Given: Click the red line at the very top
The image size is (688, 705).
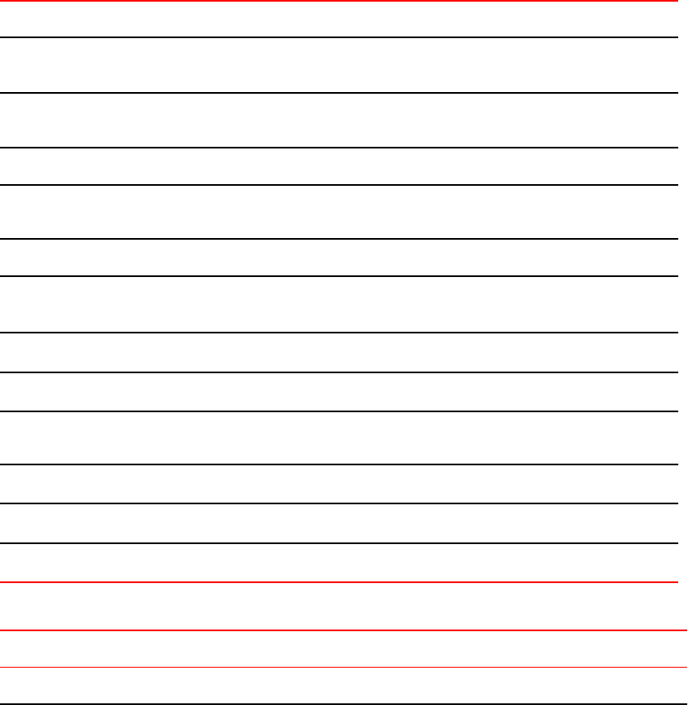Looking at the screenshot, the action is tap(344, 1).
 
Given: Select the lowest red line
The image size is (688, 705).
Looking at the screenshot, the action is tap(344, 668).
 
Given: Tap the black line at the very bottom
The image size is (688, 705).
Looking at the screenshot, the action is tap(344, 704).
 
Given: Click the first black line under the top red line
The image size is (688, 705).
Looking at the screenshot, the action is tap(344, 37).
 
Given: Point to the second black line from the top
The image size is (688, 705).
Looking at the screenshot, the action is tap(344, 93).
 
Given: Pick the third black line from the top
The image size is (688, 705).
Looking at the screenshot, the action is tap(344, 148).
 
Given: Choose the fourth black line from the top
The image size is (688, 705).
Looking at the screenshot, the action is tap(344, 185).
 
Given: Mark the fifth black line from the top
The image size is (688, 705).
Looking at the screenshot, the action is tap(344, 240).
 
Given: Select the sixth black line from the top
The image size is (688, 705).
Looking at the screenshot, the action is tap(344, 276).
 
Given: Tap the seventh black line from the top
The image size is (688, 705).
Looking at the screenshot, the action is tap(344, 333).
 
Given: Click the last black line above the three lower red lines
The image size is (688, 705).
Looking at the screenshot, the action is tap(344, 543).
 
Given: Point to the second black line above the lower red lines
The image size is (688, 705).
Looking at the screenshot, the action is tap(344, 503).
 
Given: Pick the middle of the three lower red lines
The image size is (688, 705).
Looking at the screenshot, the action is tap(344, 631).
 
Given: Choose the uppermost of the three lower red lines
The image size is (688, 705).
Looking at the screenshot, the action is tap(344, 582).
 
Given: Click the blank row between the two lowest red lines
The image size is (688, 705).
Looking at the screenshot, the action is tap(344, 649).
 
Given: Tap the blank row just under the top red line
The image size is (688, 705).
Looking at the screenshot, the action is tap(344, 19).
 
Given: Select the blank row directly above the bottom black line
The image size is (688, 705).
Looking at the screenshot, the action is tap(344, 686).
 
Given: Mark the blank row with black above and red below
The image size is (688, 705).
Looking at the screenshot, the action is tap(344, 563).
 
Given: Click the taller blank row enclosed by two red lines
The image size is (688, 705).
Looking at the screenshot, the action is tap(344, 607).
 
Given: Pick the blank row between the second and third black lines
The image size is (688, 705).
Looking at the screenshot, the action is tap(344, 120).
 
